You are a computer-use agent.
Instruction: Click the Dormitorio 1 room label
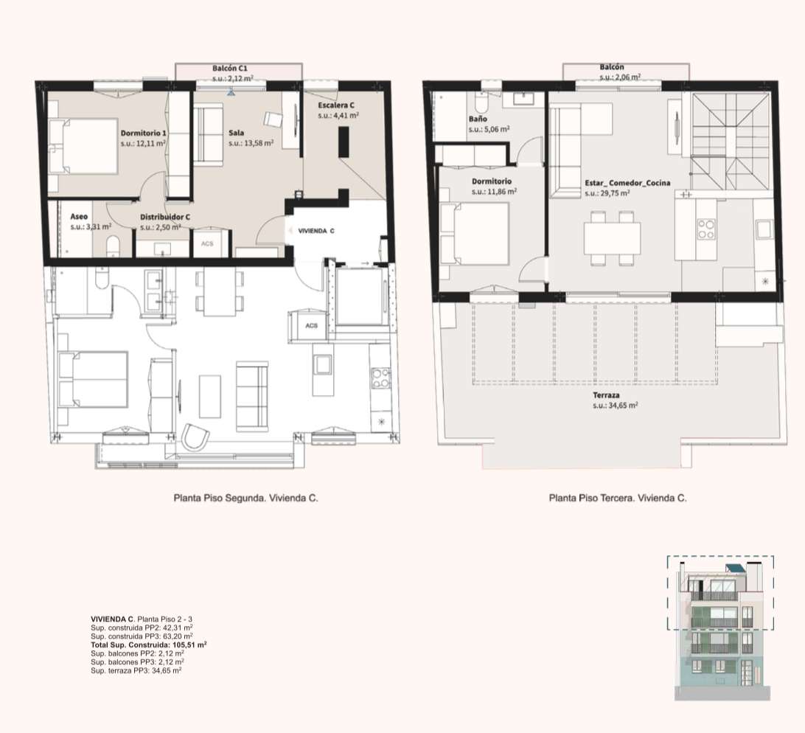click(143, 133)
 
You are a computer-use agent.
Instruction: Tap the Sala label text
click(236, 133)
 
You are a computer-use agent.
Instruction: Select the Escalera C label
click(336, 105)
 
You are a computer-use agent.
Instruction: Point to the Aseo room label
click(79, 217)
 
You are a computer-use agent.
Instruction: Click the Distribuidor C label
click(165, 218)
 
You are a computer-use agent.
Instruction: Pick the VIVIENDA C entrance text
click(316, 231)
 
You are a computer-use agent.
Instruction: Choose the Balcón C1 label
click(230, 69)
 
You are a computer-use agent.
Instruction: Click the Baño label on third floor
click(478, 119)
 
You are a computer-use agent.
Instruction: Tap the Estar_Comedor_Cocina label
click(627, 183)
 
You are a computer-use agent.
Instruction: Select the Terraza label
click(606, 395)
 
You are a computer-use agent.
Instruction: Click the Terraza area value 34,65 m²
click(615, 406)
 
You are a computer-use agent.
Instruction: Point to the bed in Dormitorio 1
click(83, 146)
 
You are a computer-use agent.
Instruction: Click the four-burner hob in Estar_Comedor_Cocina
click(706, 229)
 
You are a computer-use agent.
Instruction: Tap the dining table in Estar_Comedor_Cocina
click(612, 238)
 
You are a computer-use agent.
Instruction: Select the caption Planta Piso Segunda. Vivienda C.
click(246, 498)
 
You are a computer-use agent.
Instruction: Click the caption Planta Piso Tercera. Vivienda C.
click(618, 498)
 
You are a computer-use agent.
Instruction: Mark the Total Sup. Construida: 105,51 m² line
click(149, 645)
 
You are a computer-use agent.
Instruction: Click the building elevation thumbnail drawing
click(721, 628)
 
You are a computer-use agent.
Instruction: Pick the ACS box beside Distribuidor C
click(207, 243)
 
